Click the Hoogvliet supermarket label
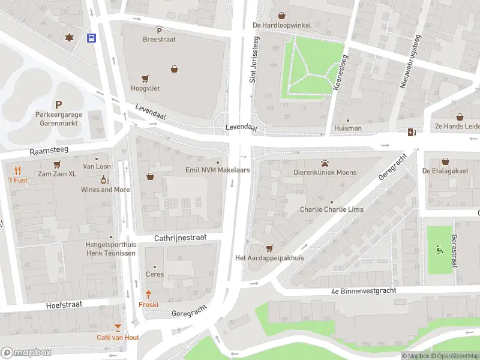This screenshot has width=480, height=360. pos(145,88)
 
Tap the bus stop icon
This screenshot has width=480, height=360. pos(91,38)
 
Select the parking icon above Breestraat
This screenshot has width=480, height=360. pos(159,30)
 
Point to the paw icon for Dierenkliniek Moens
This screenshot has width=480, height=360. pos(325,163)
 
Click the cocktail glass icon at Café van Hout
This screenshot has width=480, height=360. pos(118,328)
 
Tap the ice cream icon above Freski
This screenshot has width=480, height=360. pos(148,294)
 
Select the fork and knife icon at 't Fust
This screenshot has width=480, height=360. pos(18,170)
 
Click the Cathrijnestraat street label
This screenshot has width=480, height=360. pos(181,238)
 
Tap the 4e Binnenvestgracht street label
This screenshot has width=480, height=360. pos(364,291)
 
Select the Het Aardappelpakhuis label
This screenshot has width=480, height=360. pos(269,258)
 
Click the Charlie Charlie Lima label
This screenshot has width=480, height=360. pos(331,210)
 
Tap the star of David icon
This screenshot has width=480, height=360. pos(70,37)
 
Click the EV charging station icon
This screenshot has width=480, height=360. pos(411,133)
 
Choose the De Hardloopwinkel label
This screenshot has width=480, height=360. pos(282,25)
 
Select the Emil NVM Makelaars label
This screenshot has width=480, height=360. pos(217,170)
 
